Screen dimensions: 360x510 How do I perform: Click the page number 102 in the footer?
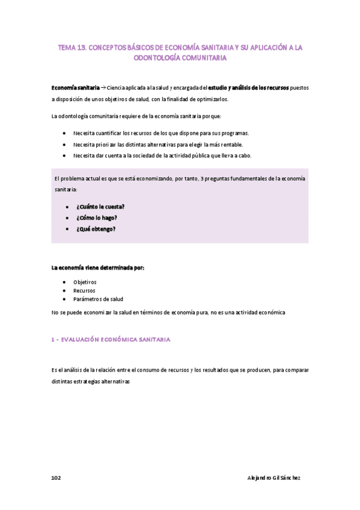56,478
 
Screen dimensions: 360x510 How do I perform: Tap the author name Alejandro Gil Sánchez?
274,478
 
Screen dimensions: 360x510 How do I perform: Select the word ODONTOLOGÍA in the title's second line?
157,58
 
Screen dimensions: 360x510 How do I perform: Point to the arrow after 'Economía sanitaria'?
103,88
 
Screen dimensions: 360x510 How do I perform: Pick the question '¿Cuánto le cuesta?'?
100,206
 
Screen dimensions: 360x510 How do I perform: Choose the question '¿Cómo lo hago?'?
96,218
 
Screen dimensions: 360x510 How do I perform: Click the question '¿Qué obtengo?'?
96,229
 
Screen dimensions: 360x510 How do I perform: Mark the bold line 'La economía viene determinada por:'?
97,268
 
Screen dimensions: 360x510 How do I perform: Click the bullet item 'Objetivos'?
85,281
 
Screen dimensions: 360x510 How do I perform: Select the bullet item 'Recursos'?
84,290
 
